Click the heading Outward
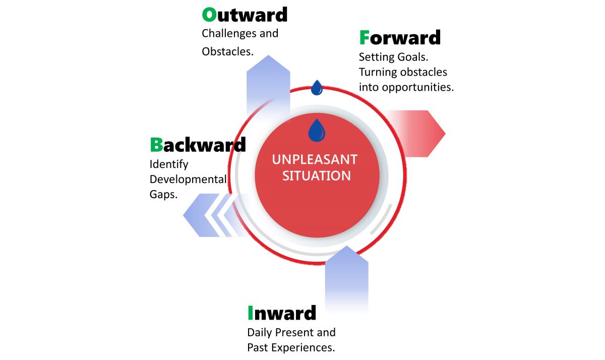pyautogui.click(x=245, y=15)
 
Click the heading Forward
pyautogui.click(x=400, y=37)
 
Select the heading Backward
pyautogui.click(x=198, y=145)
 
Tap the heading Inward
pyautogui.click(x=282, y=313)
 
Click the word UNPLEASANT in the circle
pyautogui.click(x=315, y=160)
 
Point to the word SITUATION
pyautogui.click(x=317, y=176)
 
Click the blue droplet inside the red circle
pyautogui.click(x=317, y=130)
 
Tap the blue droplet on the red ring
pyautogui.click(x=317, y=88)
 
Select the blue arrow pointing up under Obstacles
pyautogui.click(x=268, y=86)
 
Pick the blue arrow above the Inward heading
pyautogui.click(x=346, y=278)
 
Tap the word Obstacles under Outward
pyautogui.click(x=228, y=51)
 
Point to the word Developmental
pyautogui.click(x=188, y=179)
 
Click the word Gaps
pyautogui.click(x=163, y=195)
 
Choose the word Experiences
pyautogui.click(x=303, y=347)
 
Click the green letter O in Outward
pyautogui.click(x=209, y=15)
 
